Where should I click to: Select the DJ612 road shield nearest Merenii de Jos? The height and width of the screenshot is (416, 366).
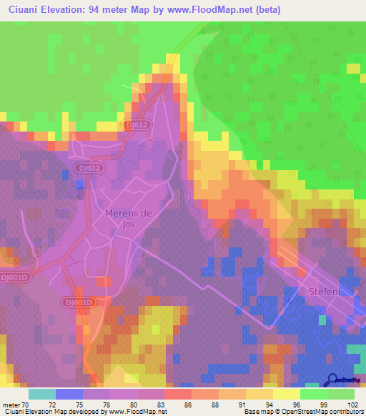[86, 167]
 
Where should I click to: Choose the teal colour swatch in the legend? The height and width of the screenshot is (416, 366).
[41, 395]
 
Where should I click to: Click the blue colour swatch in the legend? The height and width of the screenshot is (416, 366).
[69, 395]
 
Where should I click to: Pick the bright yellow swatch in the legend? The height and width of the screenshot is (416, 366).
[286, 395]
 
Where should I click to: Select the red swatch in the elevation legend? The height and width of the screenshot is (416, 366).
[177, 395]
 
